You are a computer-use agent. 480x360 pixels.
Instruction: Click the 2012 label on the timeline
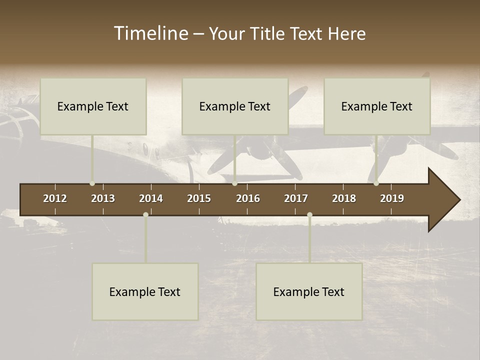pos(55,198)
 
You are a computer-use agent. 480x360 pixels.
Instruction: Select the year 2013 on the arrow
pos(103,198)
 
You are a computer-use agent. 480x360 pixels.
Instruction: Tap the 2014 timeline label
pos(151,198)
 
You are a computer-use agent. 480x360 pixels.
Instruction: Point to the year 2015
pos(199,198)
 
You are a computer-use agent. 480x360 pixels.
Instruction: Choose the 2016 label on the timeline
pos(248,198)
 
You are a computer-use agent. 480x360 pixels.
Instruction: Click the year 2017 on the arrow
pos(296,198)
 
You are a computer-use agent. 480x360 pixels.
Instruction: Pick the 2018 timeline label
pos(344,198)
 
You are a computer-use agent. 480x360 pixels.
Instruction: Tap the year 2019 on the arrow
pos(392,198)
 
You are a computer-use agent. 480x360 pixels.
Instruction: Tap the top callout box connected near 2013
pos(93,106)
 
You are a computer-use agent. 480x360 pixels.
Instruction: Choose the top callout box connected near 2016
pos(235,106)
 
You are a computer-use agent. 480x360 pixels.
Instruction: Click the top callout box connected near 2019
pos(377,106)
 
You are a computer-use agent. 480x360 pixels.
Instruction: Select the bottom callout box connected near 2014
pos(145,292)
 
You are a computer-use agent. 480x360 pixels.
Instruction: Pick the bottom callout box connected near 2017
pos(309,292)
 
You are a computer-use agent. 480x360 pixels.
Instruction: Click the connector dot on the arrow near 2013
pos(92,183)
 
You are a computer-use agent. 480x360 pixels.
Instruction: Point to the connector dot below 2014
pos(145,214)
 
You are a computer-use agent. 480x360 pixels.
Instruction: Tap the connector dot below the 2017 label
pos(309,214)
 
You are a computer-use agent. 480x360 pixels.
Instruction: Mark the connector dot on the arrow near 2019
pos(376,183)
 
